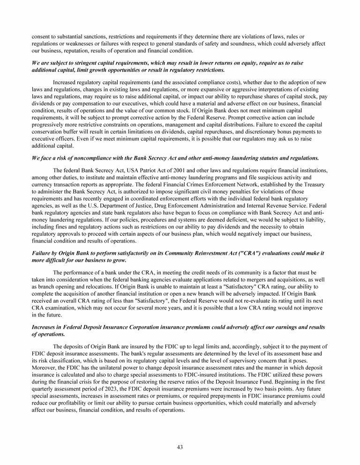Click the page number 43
point(180,447)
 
